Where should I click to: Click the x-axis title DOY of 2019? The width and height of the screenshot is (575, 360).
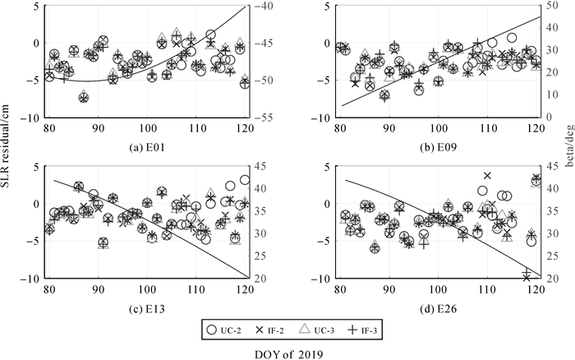(287, 353)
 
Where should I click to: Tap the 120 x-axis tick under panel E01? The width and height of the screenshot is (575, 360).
(245, 129)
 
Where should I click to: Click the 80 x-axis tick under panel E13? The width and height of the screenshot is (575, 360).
(48, 290)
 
